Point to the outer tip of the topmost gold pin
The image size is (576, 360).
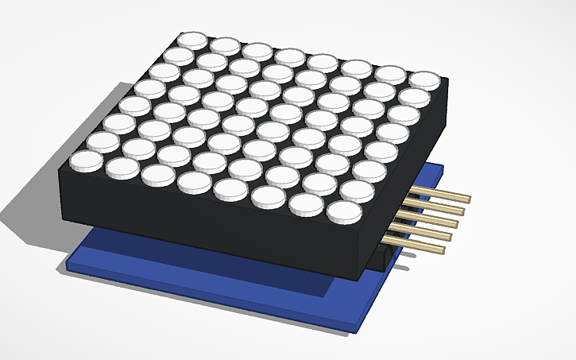pos(469,199)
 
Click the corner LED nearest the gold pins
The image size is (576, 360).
pos(344,210)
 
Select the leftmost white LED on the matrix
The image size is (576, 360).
pos(86,161)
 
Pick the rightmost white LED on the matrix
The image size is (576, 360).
pos(426,79)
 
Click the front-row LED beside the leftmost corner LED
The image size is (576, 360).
pos(123,166)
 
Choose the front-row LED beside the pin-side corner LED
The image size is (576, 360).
pos(306,203)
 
